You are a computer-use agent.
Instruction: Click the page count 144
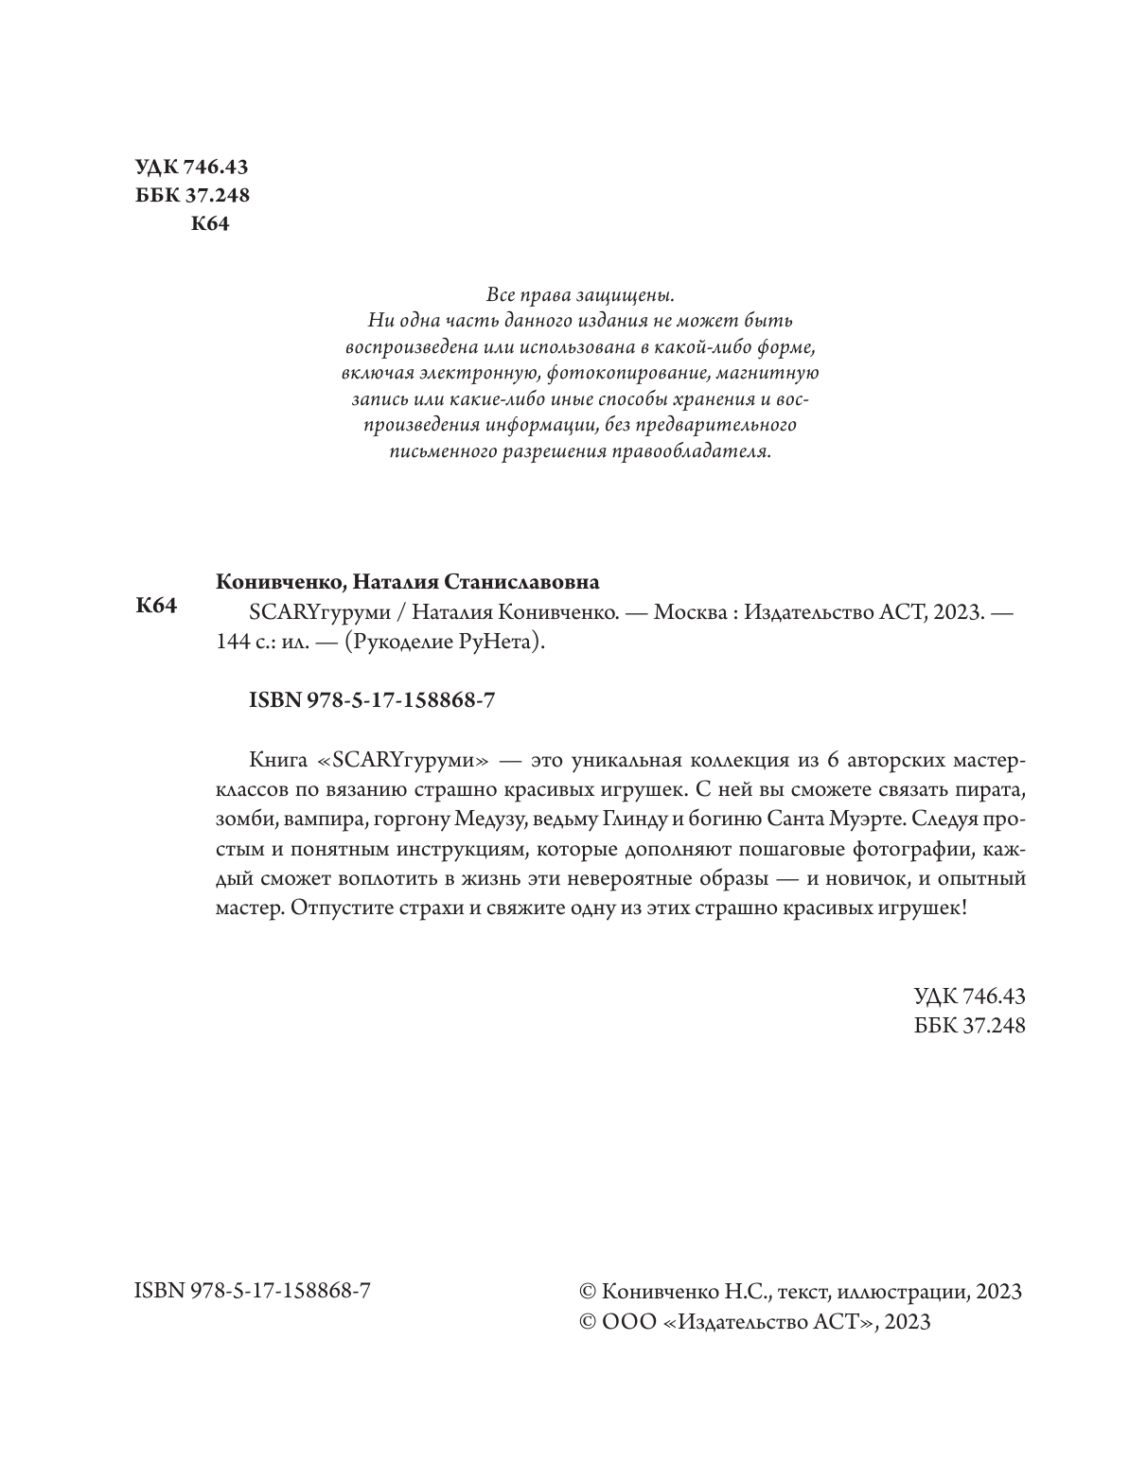click(232, 642)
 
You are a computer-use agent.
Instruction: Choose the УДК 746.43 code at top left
click(192, 167)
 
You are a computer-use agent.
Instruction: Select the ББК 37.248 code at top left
click(193, 196)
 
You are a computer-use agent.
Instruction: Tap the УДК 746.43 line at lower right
click(969, 996)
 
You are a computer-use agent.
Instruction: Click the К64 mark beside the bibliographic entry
click(157, 606)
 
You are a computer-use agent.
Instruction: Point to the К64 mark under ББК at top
click(210, 224)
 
